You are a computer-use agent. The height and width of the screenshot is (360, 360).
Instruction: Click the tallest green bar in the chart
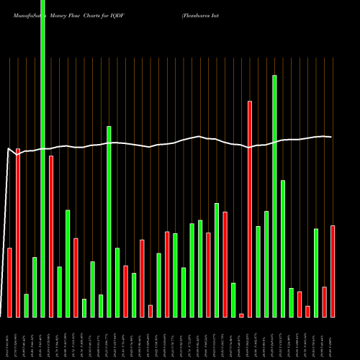[x=42, y=158]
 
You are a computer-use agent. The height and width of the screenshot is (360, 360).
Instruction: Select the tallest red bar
[x=250, y=209]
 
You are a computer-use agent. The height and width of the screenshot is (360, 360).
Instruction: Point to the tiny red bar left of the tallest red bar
[x=241, y=315]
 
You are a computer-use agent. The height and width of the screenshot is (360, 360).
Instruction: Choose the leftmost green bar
[x=26, y=305]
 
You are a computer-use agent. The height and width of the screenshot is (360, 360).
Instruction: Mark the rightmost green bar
[x=316, y=273]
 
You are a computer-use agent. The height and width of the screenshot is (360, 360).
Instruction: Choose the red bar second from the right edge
[x=324, y=302]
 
